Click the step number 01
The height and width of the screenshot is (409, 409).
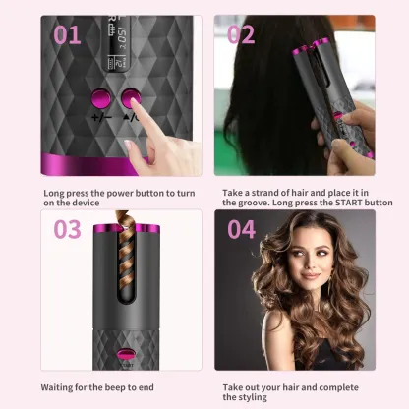tap(67, 35)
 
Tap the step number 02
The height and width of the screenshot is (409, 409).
tap(241, 35)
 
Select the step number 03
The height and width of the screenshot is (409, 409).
tap(67, 230)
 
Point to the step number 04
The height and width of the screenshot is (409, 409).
tap(242, 230)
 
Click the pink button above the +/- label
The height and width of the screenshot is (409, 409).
tap(100, 98)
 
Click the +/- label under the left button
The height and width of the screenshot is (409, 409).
tap(101, 117)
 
